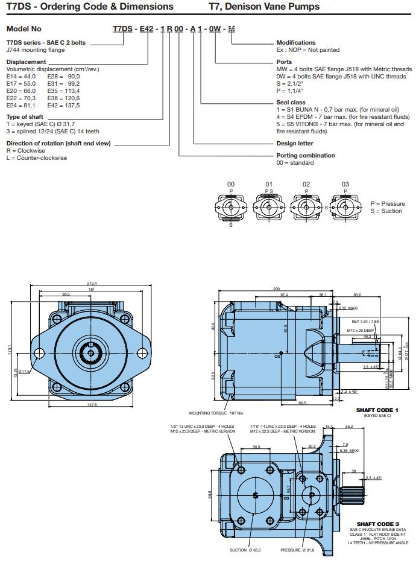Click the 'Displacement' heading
(26, 62)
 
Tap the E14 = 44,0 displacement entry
(21, 77)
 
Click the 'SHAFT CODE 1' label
(377, 410)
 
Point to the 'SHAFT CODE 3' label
(377, 524)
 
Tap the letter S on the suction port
(255, 495)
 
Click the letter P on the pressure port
(311, 495)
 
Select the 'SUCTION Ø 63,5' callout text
(245, 550)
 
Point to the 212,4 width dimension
(92, 284)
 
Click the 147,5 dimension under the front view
(92, 405)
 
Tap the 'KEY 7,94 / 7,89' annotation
(364, 322)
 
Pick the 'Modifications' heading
(295, 43)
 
